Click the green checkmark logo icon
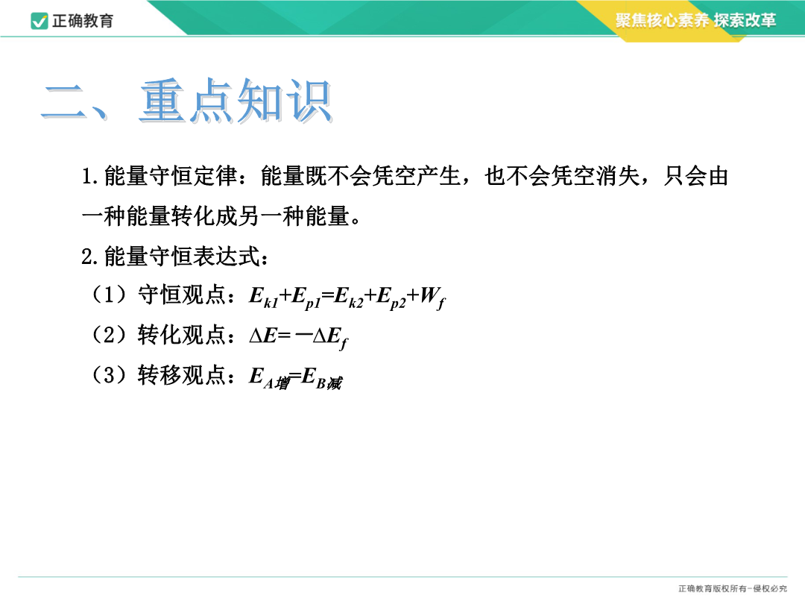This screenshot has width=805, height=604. point(40,21)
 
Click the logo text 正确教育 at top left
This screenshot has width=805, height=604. point(83,21)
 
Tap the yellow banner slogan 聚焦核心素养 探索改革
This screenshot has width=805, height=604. point(695,20)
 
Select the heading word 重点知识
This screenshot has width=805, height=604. point(236,101)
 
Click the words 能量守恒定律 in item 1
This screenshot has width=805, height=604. point(171,176)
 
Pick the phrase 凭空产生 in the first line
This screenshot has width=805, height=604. point(416,176)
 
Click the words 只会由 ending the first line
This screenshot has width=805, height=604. point(695,176)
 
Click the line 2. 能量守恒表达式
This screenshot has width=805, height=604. point(174,257)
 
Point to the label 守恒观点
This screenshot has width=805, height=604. point(182,295)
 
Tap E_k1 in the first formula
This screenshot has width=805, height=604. point(263,298)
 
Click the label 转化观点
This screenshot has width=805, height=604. point(182,336)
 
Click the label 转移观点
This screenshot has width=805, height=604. point(182,375)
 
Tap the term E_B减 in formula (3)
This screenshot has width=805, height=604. point(322,379)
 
